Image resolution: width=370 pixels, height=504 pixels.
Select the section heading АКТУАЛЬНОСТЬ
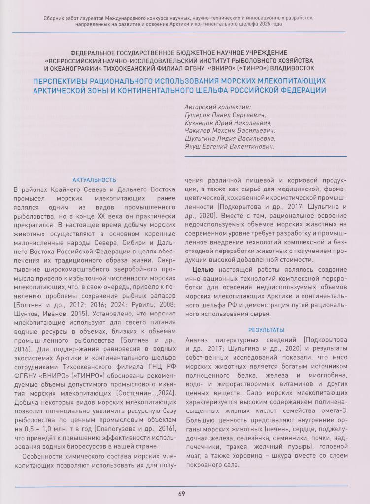[x=94, y=180]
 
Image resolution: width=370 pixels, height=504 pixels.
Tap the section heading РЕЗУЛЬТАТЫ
[x=266, y=330]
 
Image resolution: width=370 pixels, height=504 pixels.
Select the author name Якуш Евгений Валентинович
[x=229, y=146]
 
